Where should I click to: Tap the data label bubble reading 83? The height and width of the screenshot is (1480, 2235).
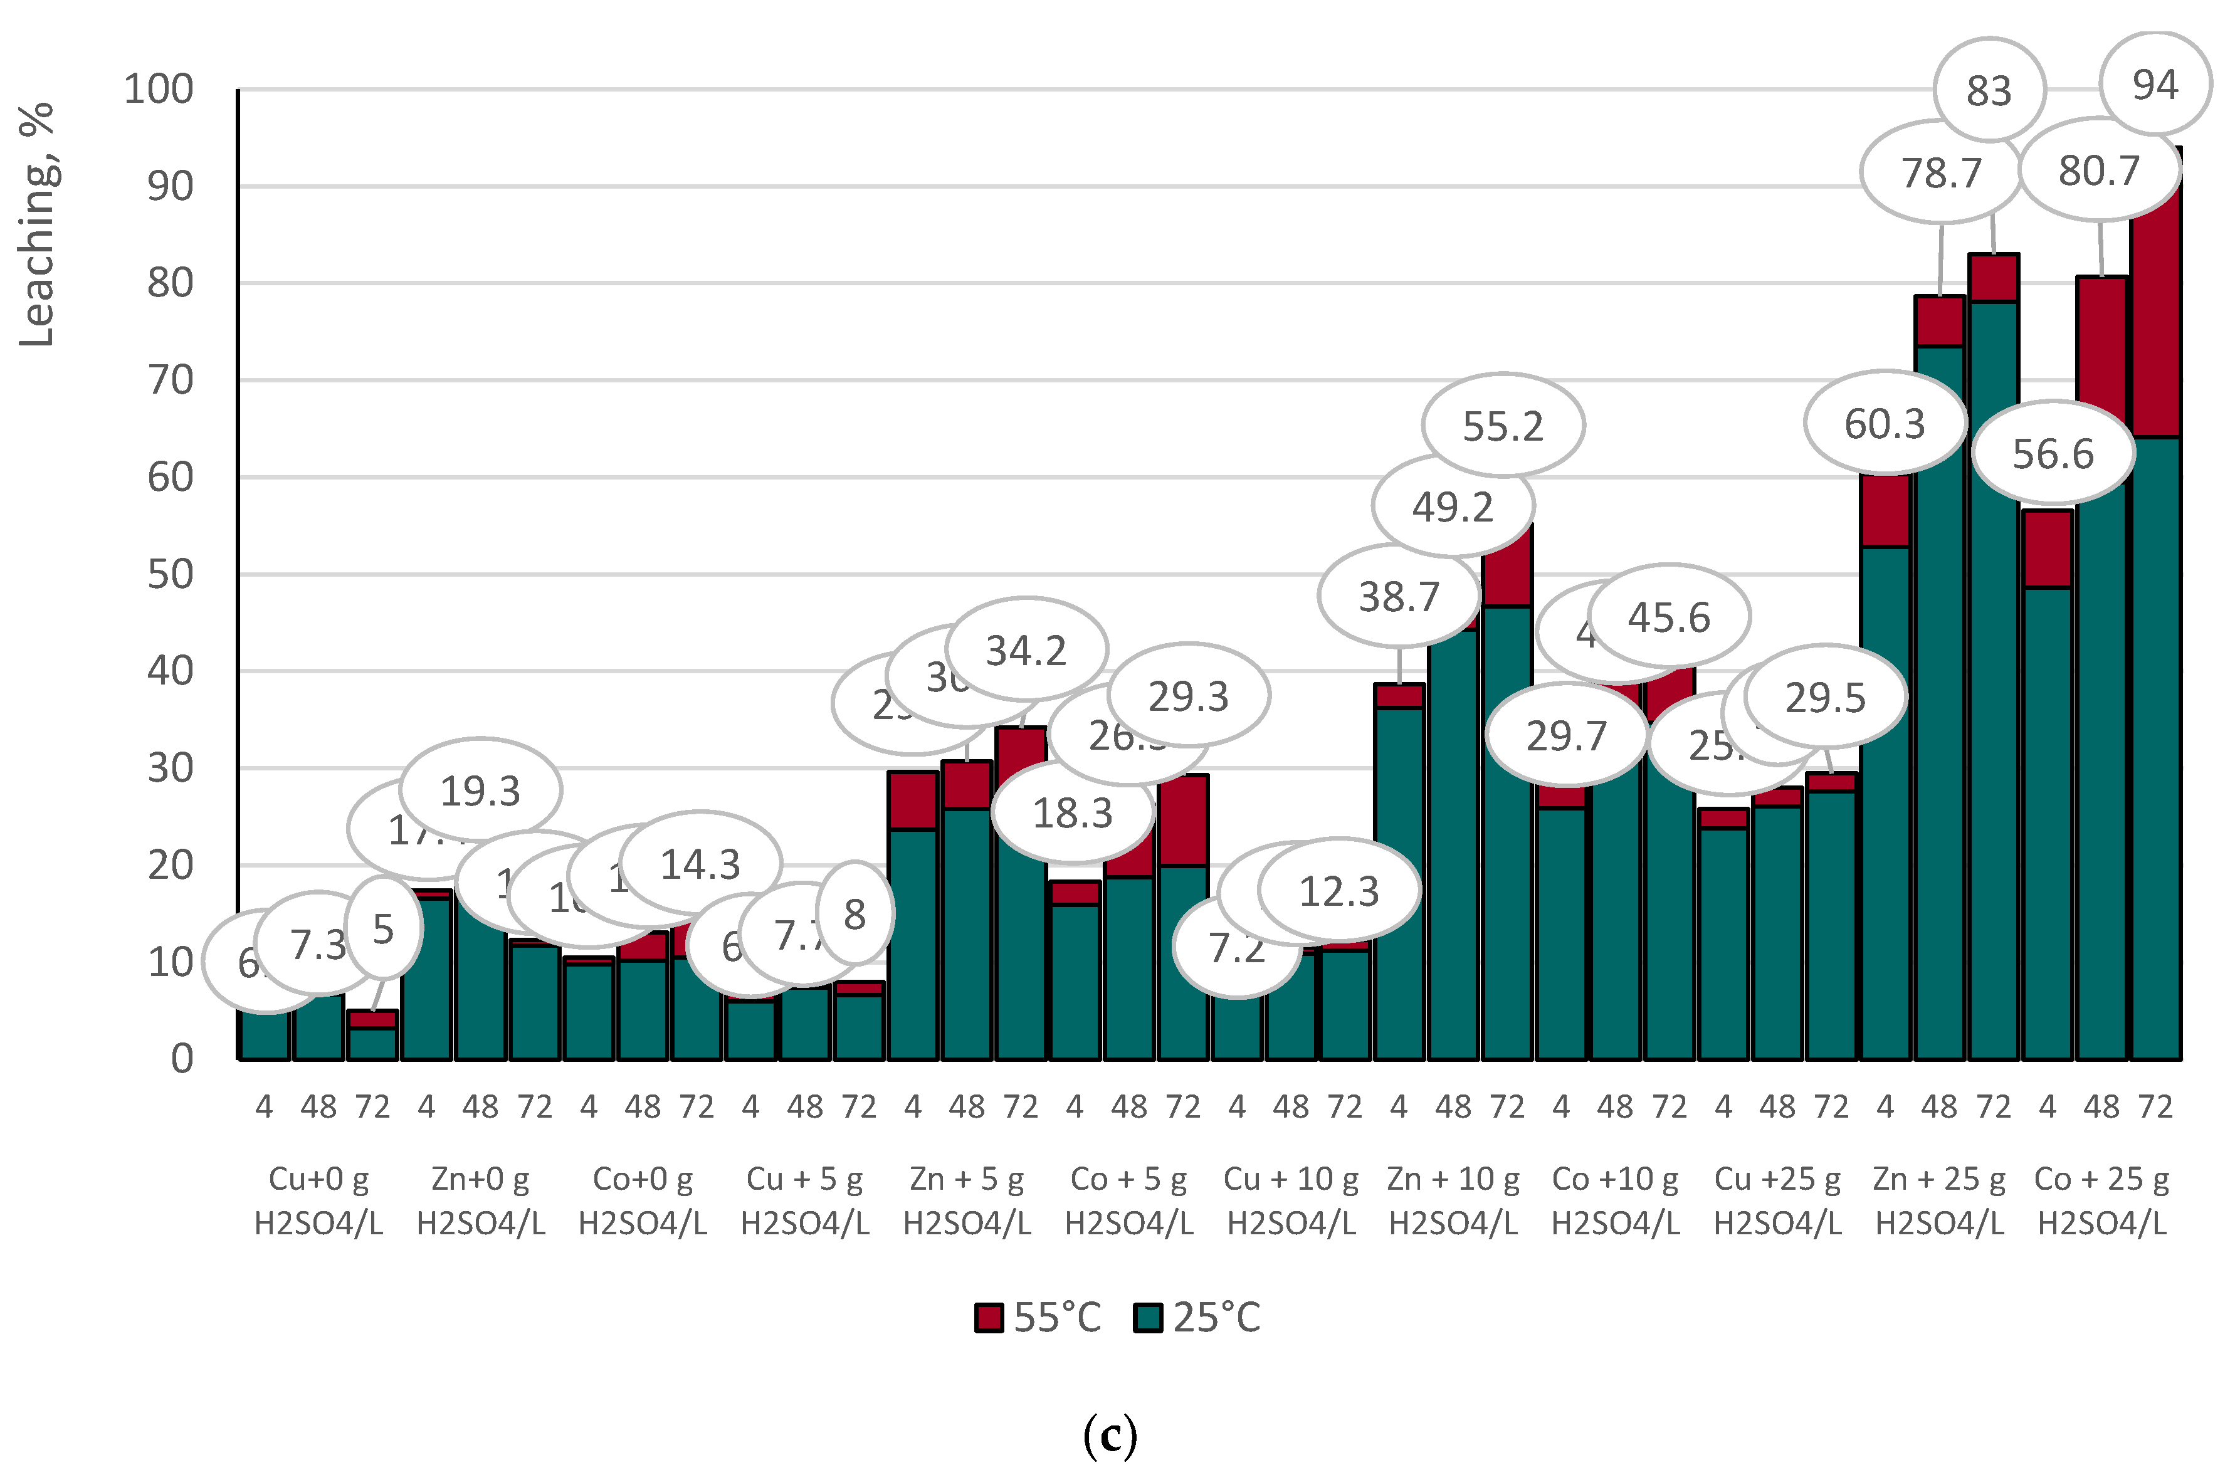(x=1989, y=91)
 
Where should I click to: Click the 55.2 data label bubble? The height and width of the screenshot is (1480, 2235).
(x=1503, y=427)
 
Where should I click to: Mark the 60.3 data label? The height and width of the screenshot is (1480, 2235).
(x=1884, y=424)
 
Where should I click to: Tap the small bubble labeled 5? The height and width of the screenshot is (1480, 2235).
(x=383, y=929)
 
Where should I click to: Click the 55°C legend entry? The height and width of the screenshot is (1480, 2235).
(x=1038, y=1318)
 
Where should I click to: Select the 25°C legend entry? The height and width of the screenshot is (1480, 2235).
(x=1197, y=1318)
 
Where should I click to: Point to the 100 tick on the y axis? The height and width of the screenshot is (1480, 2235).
(x=159, y=90)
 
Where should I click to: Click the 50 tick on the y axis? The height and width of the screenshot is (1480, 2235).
(x=170, y=574)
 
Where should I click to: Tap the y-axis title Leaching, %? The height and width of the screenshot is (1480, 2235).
(x=38, y=224)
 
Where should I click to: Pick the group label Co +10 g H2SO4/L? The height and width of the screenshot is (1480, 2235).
(x=1615, y=1200)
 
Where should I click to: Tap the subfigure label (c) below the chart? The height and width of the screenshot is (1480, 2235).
(x=1110, y=1435)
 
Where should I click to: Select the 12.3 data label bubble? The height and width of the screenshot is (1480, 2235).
(x=1339, y=891)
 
